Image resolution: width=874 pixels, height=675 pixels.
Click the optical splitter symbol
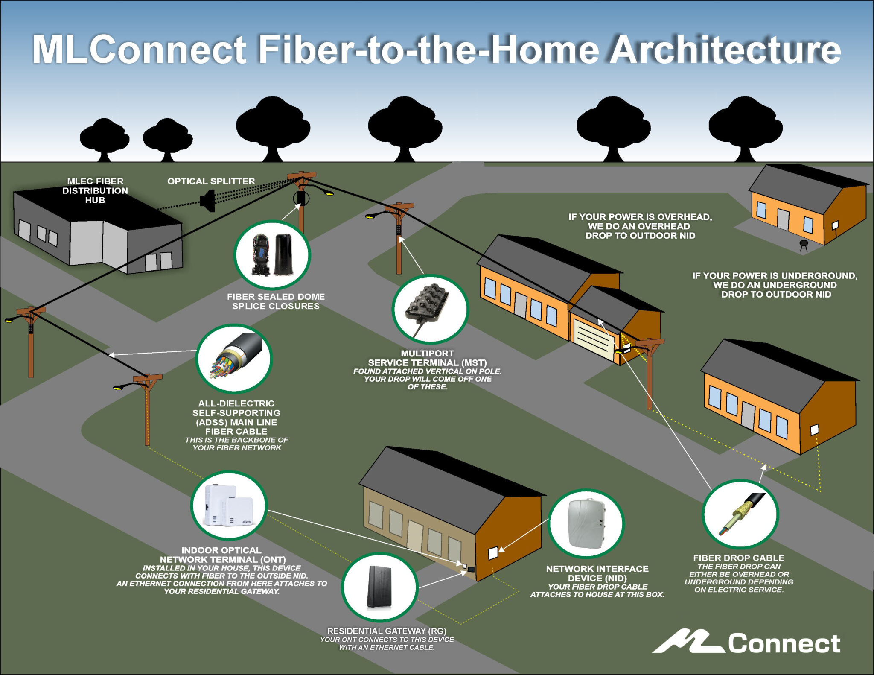point(208,200)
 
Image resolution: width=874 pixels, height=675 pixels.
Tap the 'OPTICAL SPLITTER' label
point(211,181)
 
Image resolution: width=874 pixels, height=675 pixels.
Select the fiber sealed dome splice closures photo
point(272,254)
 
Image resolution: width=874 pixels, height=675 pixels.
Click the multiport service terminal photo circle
point(430,309)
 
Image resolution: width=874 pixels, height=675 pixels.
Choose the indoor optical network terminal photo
point(229,506)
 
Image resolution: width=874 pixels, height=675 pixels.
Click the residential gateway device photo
point(379,587)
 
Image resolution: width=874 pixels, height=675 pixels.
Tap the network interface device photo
point(586,523)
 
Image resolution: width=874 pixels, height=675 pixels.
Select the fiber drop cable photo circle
point(740,514)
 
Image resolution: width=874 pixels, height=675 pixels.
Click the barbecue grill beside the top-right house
point(804,245)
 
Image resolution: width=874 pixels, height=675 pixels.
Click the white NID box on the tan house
point(493,553)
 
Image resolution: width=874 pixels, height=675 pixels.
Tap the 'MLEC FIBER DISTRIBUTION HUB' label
point(95,190)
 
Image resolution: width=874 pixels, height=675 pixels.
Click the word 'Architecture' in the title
point(725,50)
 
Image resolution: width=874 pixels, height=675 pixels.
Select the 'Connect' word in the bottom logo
point(784,643)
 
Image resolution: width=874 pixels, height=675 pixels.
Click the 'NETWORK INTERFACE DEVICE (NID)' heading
point(597,573)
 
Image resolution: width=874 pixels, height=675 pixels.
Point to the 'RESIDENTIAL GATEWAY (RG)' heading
point(387,631)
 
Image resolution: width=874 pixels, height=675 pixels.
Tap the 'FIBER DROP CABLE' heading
point(739,558)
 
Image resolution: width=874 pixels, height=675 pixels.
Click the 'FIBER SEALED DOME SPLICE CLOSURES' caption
point(276,301)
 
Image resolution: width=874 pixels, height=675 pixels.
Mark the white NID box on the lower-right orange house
point(815,430)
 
